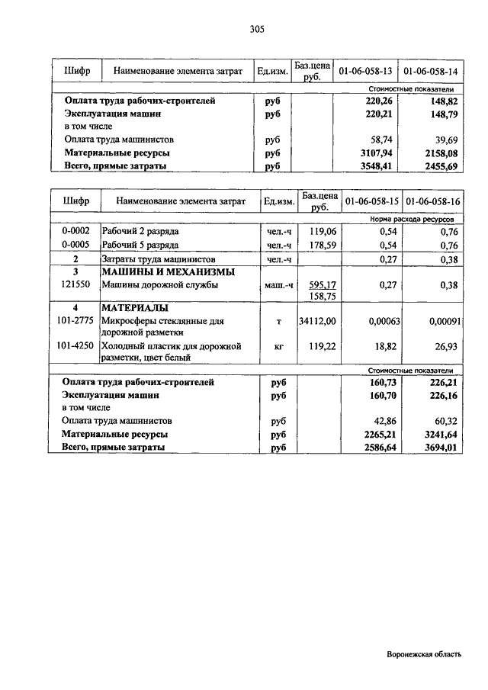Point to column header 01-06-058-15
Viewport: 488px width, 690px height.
coord(371,202)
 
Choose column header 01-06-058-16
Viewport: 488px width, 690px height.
coord(432,202)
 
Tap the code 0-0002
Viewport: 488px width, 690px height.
coord(76,231)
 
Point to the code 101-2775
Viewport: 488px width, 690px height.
coord(76,321)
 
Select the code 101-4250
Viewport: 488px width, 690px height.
coord(76,345)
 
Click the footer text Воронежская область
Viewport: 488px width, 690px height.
coord(424,654)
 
